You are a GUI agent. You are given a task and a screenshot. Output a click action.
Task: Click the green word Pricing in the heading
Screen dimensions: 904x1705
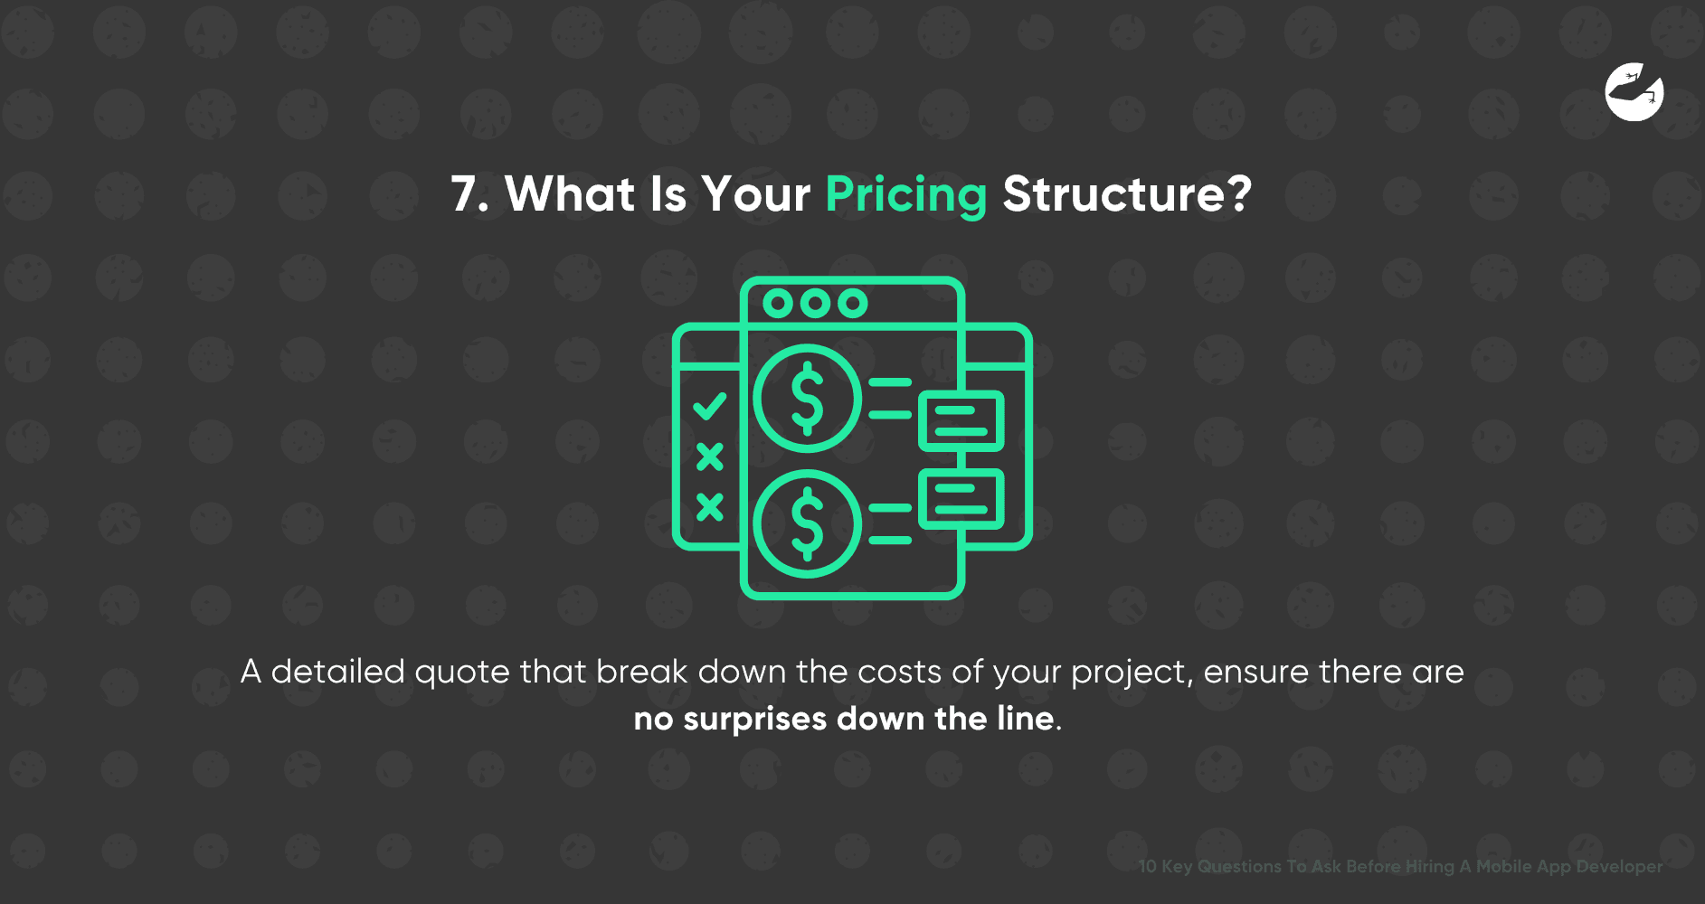pos(905,195)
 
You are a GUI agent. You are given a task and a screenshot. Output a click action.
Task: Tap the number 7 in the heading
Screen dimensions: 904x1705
pos(464,195)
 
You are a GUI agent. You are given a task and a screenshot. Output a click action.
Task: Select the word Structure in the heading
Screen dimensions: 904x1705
pos(1114,195)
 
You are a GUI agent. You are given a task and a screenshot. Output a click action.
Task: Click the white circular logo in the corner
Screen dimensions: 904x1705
pos(1634,92)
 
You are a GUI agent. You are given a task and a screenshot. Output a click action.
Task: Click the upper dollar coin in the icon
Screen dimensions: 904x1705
pos(807,399)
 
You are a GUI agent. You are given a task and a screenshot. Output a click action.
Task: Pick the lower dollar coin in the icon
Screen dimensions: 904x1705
pos(807,523)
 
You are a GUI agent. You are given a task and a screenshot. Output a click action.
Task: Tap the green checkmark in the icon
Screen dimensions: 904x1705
pos(710,406)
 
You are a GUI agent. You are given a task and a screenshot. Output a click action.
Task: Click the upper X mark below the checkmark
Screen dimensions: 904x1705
pos(710,457)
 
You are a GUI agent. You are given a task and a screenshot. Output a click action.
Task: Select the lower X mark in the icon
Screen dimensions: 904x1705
pos(710,507)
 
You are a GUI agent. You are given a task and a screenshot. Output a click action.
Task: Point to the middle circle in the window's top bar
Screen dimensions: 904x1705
pos(815,304)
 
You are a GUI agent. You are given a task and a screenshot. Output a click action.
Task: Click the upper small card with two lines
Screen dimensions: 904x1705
pos(961,420)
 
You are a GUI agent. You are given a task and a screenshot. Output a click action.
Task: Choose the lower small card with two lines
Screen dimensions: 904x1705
pos(961,499)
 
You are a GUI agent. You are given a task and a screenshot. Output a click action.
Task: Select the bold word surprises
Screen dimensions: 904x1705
pos(754,720)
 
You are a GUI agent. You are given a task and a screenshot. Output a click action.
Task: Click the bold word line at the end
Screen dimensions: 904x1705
pos(1025,720)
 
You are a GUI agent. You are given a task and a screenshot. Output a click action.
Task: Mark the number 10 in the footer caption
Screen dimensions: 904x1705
pos(1147,866)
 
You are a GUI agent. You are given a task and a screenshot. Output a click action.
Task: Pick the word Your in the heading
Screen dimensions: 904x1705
pos(756,195)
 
